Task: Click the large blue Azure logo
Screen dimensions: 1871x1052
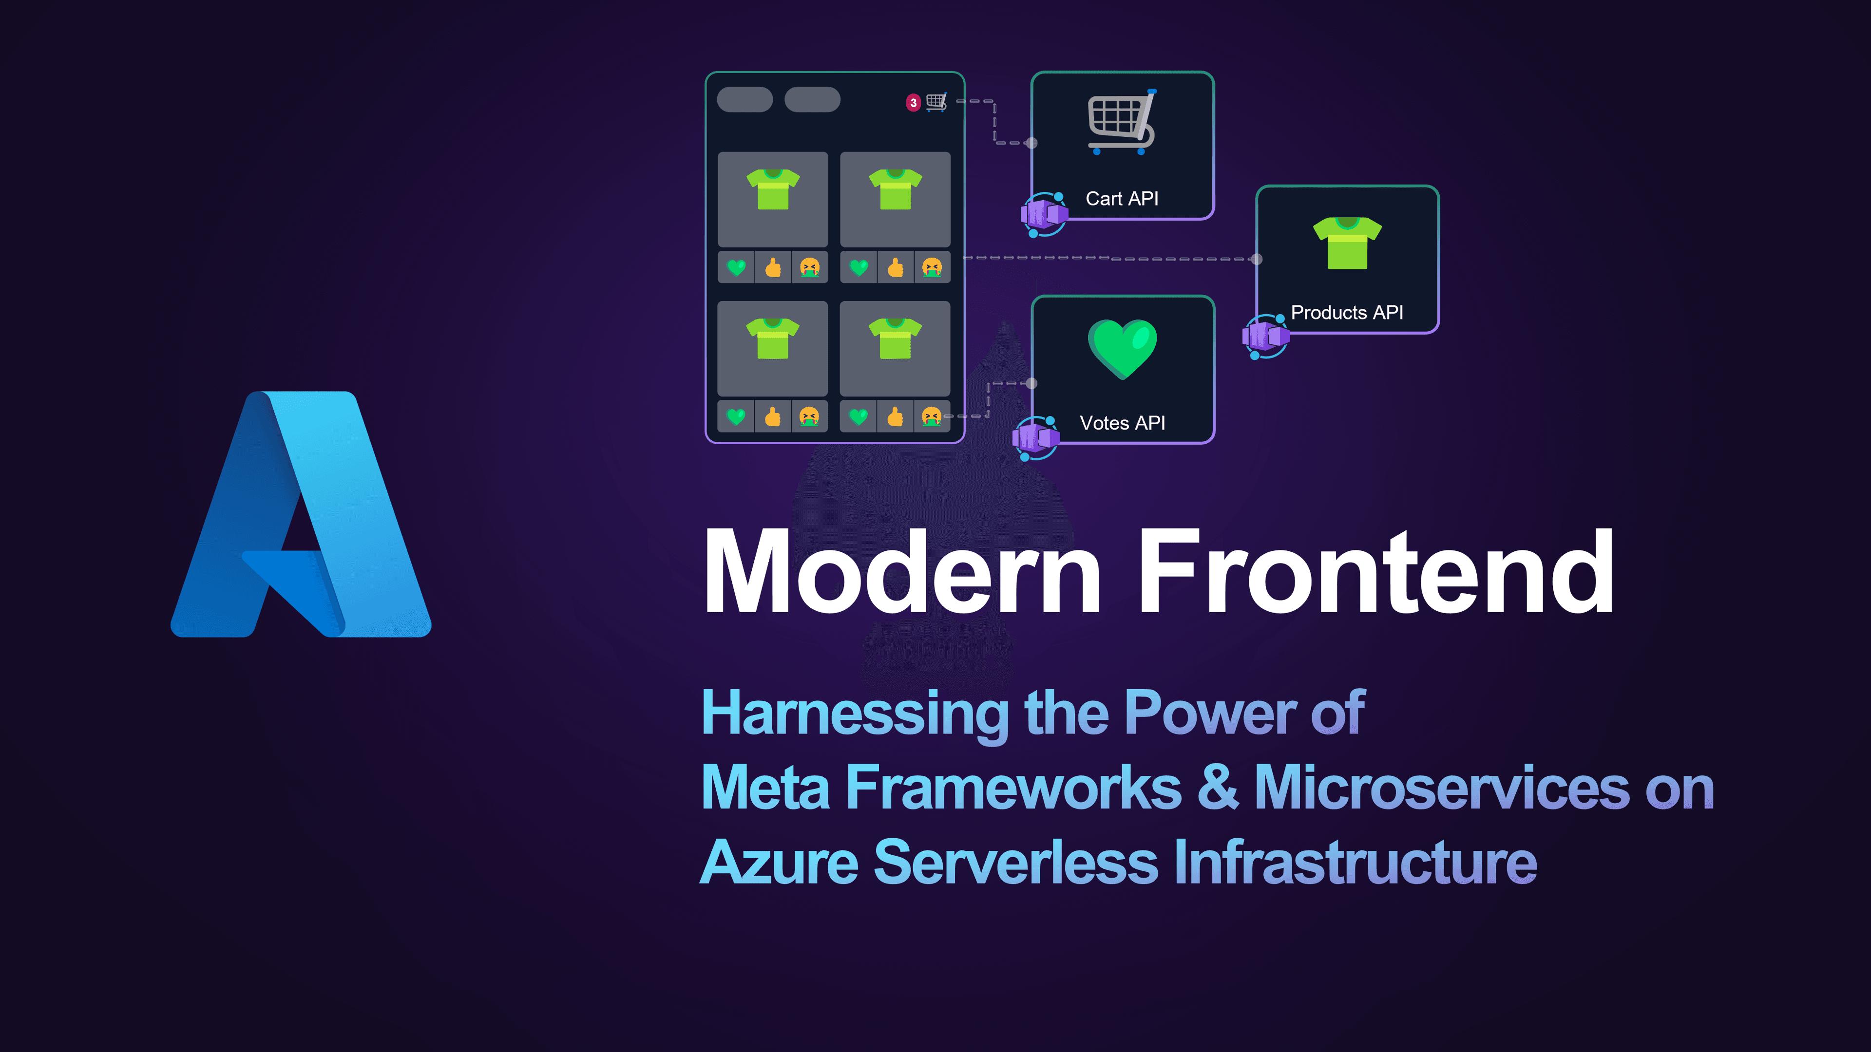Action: [x=301, y=514]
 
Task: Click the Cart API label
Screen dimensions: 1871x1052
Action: [x=1122, y=198]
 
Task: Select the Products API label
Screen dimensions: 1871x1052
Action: [x=1347, y=312]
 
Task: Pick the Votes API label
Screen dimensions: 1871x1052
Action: [x=1122, y=423]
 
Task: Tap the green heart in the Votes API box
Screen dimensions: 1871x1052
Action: [x=1122, y=349]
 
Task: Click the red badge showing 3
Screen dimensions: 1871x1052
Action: [x=913, y=102]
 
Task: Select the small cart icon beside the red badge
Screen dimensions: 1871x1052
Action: [x=936, y=102]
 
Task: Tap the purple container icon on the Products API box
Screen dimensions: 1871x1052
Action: [x=1266, y=336]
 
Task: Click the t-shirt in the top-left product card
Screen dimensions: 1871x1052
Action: [x=773, y=189]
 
